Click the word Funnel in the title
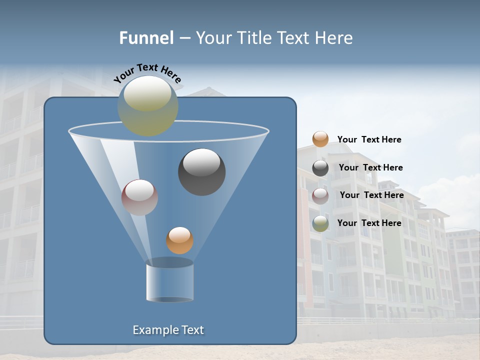[146, 38]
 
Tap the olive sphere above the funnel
[148, 106]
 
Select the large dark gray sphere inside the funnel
[201, 172]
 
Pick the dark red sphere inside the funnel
[139, 197]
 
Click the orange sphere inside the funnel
[179, 240]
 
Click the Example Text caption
[168, 330]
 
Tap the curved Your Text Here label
[147, 73]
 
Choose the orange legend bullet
[320, 139]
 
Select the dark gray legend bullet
[320, 168]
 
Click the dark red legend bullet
[320, 195]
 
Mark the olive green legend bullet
[320, 223]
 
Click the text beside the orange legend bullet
[369, 139]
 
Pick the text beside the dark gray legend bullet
[370, 167]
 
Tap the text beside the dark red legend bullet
[371, 195]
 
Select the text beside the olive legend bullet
[369, 223]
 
